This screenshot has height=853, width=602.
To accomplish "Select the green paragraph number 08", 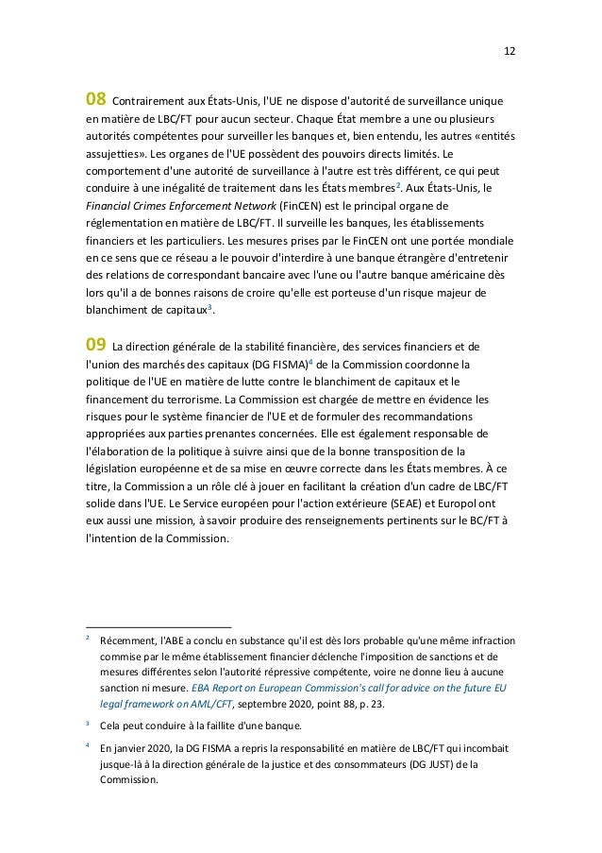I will [x=96, y=100].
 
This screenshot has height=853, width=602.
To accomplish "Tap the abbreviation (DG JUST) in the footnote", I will [x=455, y=767].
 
